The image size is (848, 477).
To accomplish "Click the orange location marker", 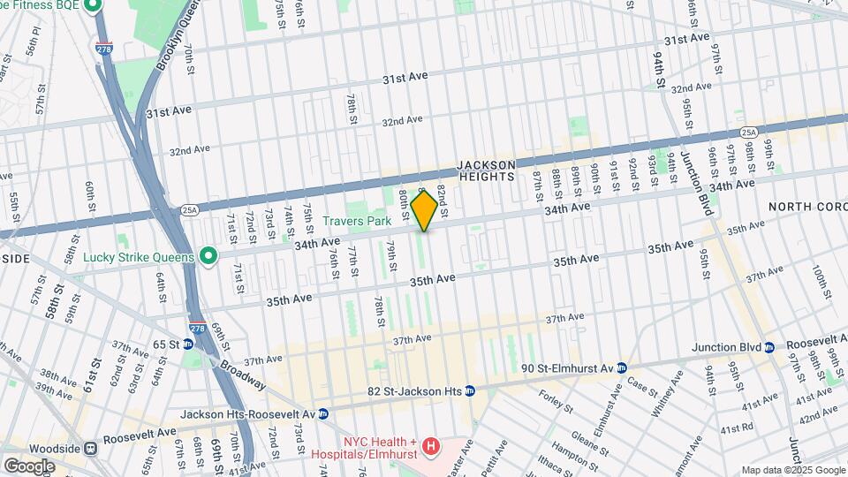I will (424, 210).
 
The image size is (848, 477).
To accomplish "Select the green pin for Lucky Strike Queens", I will (208, 257).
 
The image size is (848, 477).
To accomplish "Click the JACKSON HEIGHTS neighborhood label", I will (486, 171).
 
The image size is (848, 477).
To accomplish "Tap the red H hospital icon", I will (430, 448).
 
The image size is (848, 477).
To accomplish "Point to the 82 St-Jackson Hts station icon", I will (470, 390).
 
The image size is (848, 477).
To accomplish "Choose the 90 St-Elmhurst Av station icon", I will (622, 367).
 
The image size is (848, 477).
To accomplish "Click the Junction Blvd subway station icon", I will (769, 347).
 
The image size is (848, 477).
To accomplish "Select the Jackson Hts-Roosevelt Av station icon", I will (323, 413).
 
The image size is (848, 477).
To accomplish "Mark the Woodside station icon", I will (90, 448).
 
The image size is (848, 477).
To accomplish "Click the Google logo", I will (29, 466).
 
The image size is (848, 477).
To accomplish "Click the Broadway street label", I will (242, 375).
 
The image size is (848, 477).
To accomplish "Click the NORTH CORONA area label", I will (807, 206).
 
